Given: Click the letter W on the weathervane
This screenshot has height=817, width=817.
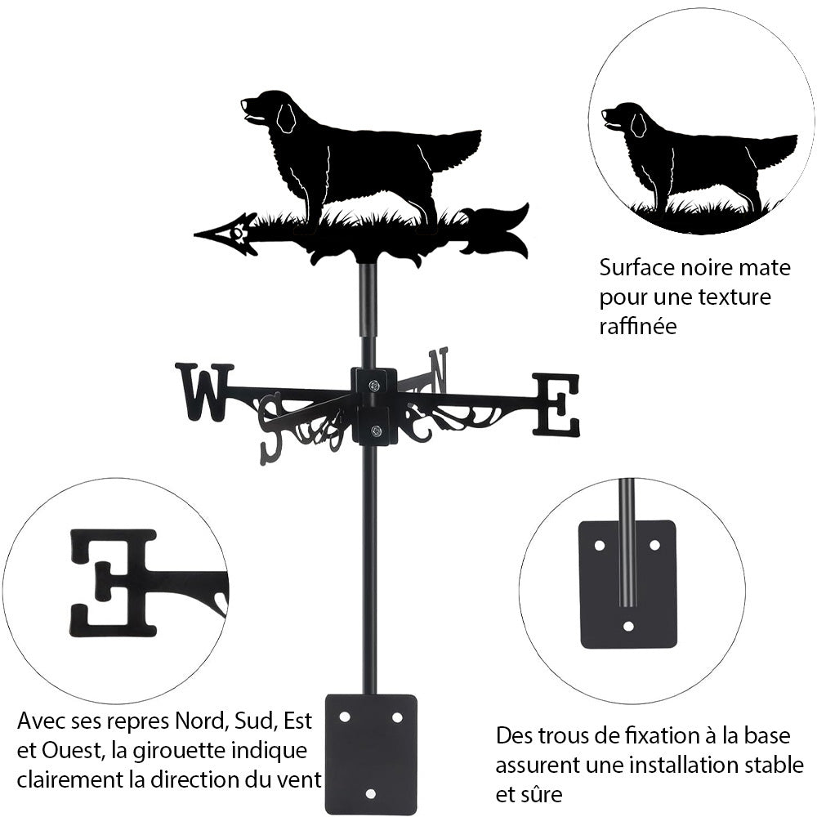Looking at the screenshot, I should (x=203, y=391).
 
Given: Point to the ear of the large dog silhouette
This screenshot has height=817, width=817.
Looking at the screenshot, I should (x=285, y=118).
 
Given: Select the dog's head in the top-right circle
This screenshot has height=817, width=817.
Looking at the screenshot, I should (x=620, y=120).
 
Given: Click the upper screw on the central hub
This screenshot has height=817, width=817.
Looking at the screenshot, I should (x=373, y=386).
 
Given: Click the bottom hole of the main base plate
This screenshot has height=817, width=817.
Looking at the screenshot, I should (x=370, y=792).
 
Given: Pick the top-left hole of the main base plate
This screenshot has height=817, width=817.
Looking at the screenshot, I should (x=344, y=717).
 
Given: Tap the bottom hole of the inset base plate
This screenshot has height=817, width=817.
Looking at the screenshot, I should (x=627, y=627).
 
